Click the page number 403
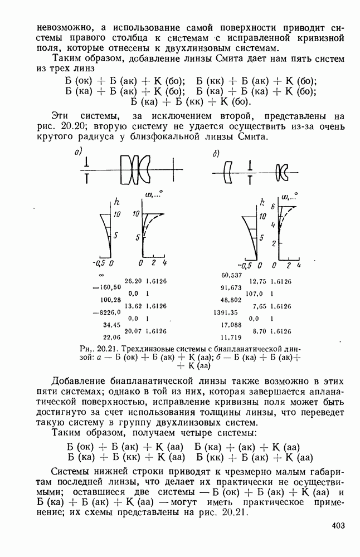click(x=338, y=525)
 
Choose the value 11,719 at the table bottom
click(x=231, y=337)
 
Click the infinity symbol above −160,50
click(x=101, y=275)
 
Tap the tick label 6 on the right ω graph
click(x=274, y=206)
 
